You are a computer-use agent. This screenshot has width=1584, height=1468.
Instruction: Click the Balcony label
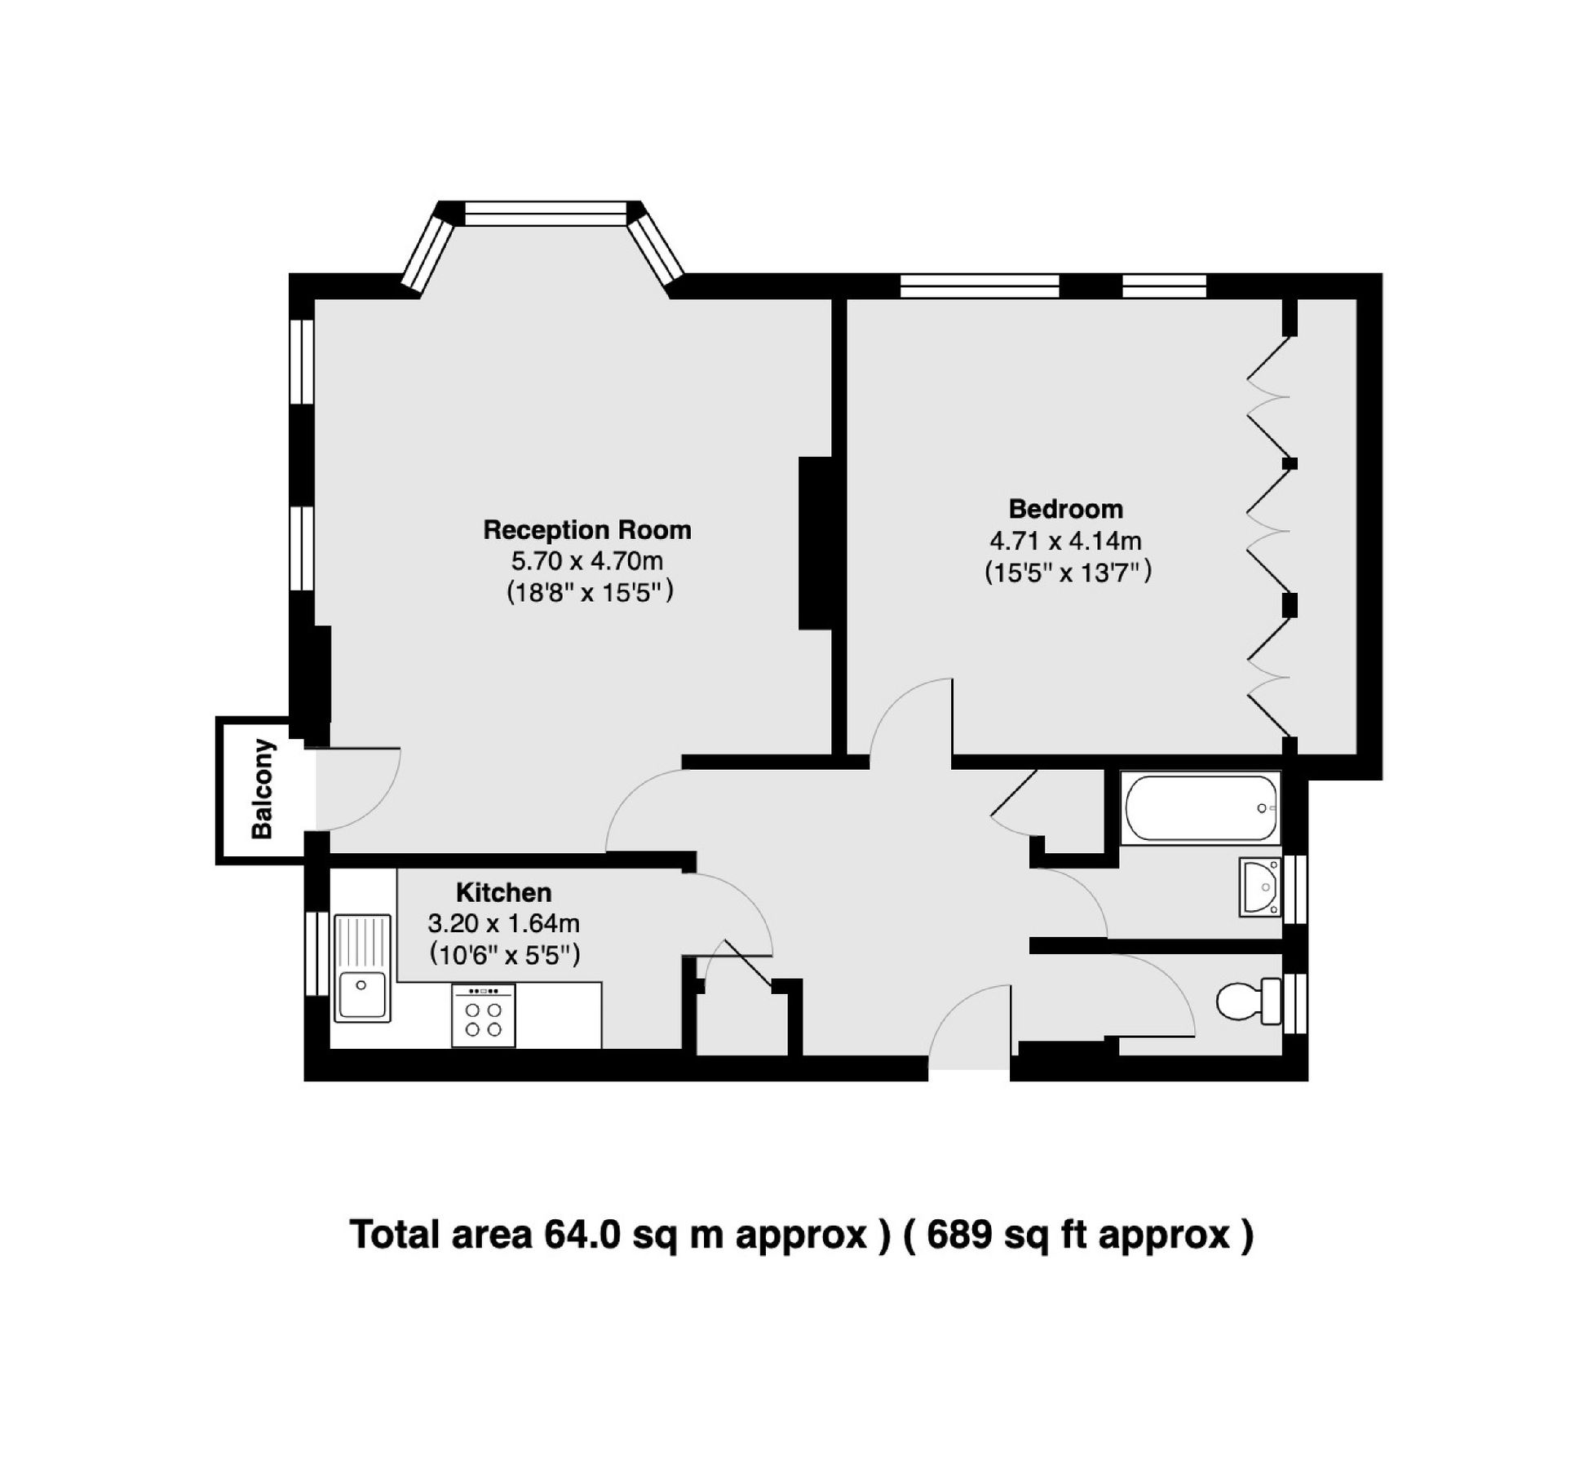click(262, 789)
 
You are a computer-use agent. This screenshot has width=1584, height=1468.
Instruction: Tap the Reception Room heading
click(586, 530)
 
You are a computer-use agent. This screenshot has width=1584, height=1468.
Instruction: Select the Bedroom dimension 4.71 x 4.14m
click(1065, 541)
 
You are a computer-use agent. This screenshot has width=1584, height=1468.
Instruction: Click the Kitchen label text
click(503, 892)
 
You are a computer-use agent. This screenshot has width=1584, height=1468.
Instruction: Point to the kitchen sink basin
click(361, 995)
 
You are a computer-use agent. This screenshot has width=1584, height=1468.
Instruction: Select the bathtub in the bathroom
click(1200, 807)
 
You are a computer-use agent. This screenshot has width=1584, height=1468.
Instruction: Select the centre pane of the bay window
click(546, 214)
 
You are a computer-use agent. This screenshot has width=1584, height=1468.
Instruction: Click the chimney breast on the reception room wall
click(813, 543)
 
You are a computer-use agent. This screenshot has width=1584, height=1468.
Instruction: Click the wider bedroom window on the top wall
click(979, 286)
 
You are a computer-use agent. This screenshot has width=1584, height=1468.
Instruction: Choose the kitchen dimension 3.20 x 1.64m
click(503, 923)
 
